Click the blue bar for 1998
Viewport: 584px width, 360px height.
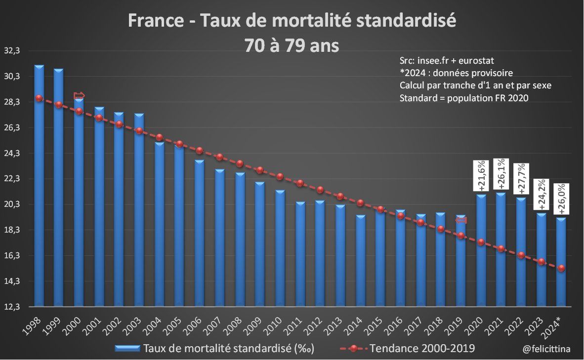tap(39, 188)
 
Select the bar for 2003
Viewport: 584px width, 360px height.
tap(139, 212)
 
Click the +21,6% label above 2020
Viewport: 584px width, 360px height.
tap(481, 175)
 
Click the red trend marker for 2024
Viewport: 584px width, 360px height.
tap(561, 268)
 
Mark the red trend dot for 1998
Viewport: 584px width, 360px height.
tap(39, 98)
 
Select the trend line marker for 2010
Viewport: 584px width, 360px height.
tap(280, 176)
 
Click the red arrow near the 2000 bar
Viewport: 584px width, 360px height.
tap(79, 96)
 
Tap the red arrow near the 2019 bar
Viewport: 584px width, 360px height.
tap(461, 220)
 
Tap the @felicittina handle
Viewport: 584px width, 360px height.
tap(546, 349)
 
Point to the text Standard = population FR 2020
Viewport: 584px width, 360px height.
tap(464, 98)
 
